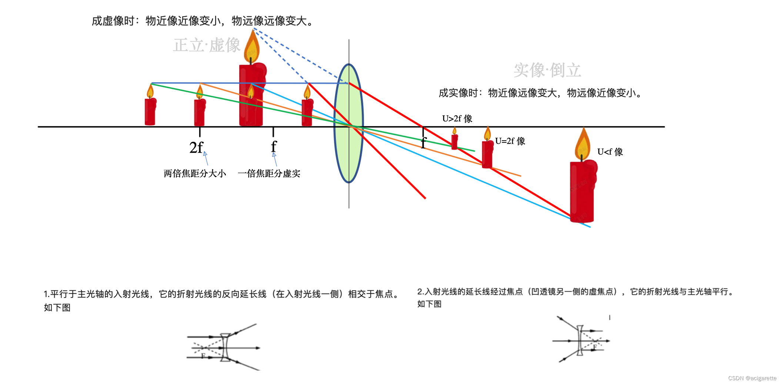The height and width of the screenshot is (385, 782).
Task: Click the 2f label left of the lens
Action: (x=196, y=148)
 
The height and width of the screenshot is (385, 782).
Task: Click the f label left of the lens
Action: (x=274, y=146)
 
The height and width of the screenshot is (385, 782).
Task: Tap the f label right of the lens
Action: (x=424, y=142)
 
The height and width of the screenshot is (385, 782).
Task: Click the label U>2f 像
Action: (x=457, y=118)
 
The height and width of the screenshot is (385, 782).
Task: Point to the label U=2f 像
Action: (x=510, y=141)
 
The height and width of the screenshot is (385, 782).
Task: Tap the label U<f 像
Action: (x=610, y=152)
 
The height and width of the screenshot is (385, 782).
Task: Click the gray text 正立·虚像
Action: (x=207, y=46)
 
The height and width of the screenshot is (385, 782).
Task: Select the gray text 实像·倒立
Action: (x=547, y=70)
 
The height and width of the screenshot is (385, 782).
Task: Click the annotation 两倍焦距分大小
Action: (x=195, y=174)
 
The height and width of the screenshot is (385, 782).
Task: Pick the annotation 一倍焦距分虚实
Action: (x=269, y=174)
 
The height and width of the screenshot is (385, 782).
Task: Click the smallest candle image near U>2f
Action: (x=454, y=140)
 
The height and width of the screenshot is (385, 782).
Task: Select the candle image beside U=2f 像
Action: (x=487, y=152)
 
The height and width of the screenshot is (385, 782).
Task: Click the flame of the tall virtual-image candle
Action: (x=252, y=46)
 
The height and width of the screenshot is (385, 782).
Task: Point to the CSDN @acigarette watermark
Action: (x=752, y=378)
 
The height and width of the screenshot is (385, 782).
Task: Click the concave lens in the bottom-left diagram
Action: (x=225, y=347)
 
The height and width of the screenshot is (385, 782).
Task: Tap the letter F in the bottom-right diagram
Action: (x=595, y=347)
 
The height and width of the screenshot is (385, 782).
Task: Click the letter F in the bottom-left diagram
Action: (x=203, y=356)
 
